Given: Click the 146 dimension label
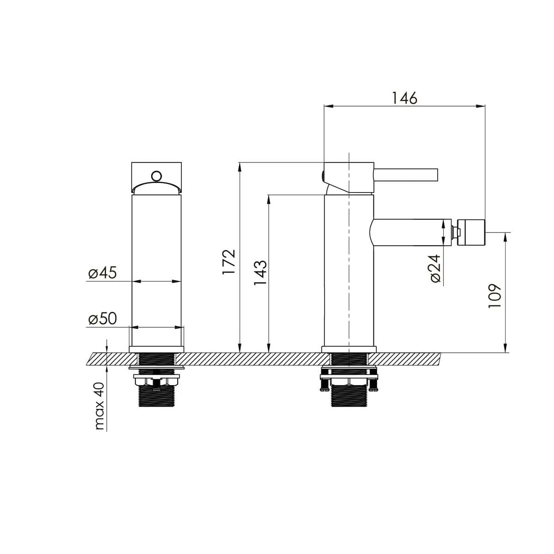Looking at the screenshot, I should pyautogui.click(x=404, y=98).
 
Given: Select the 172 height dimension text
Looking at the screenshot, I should pyautogui.click(x=229, y=262).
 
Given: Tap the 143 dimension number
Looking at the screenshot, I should pyautogui.click(x=261, y=272).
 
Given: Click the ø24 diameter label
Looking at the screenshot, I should pyautogui.click(x=436, y=269).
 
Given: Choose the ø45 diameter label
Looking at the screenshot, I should pyautogui.click(x=102, y=273).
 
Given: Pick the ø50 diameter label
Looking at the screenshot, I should pyautogui.click(x=102, y=319).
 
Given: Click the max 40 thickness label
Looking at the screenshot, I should pyautogui.click(x=100, y=406).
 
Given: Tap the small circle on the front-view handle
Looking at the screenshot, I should pyautogui.click(x=157, y=176).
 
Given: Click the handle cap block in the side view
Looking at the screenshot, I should pyautogui.click(x=349, y=176).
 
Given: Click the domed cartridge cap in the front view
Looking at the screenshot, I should pyautogui.click(x=157, y=188).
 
